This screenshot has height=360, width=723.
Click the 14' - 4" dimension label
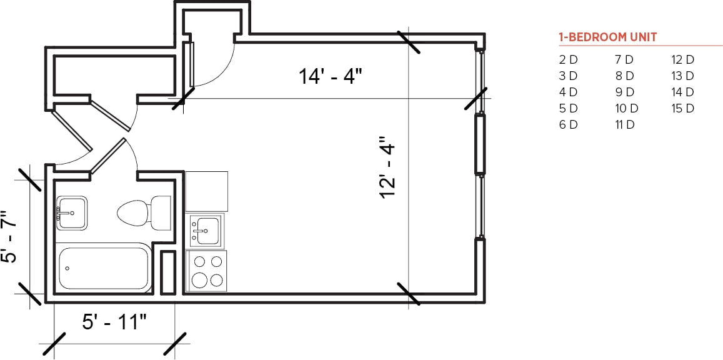click(330, 77)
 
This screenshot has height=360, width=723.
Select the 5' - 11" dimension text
click(114, 322)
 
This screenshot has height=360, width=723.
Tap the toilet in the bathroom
click(143, 212)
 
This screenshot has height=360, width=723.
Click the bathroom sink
click(71, 213)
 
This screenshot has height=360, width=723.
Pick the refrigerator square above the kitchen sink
click(207, 191)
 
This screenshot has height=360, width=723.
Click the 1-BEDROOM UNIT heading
click(607, 37)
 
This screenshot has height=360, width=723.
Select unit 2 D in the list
click(568, 60)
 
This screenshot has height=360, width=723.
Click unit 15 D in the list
click(682, 108)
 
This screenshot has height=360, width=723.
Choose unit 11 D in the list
click(624, 124)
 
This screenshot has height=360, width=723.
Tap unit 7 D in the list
click(624, 60)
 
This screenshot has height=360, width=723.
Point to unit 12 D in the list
click(682, 60)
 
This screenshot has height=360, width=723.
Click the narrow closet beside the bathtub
click(167, 272)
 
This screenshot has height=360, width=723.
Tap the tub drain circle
click(67, 269)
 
